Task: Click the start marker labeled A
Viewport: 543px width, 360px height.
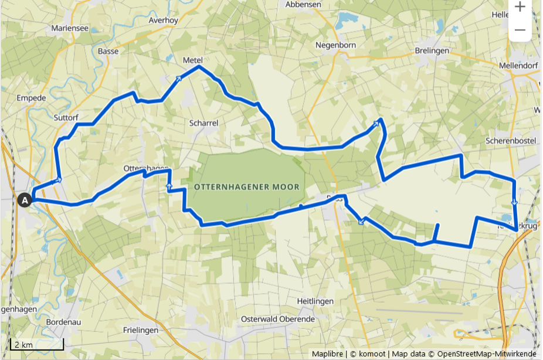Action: [25, 201]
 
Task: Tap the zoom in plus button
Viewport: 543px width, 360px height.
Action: [520, 7]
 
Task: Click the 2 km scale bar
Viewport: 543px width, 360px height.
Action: [36, 344]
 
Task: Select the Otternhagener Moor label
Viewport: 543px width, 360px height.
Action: [246, 187]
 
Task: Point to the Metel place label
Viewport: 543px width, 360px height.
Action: [192, 60]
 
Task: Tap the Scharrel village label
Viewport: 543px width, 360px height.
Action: [204, 123]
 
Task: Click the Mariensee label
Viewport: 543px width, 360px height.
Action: [69, 28]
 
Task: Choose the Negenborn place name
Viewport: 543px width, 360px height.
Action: [336, 45]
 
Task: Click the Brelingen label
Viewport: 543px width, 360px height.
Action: [432, 50]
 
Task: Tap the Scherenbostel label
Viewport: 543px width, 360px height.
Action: [511, 141]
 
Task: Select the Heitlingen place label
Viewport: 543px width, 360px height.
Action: [315, 301]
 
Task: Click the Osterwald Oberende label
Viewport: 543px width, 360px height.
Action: [278, 319]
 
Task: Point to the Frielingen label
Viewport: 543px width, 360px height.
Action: [141, 330]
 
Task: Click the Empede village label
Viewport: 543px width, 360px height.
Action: [32, 98]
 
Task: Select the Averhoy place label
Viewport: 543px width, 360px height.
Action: [164, 19]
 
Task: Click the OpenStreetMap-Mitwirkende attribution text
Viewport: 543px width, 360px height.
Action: [487, 354]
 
